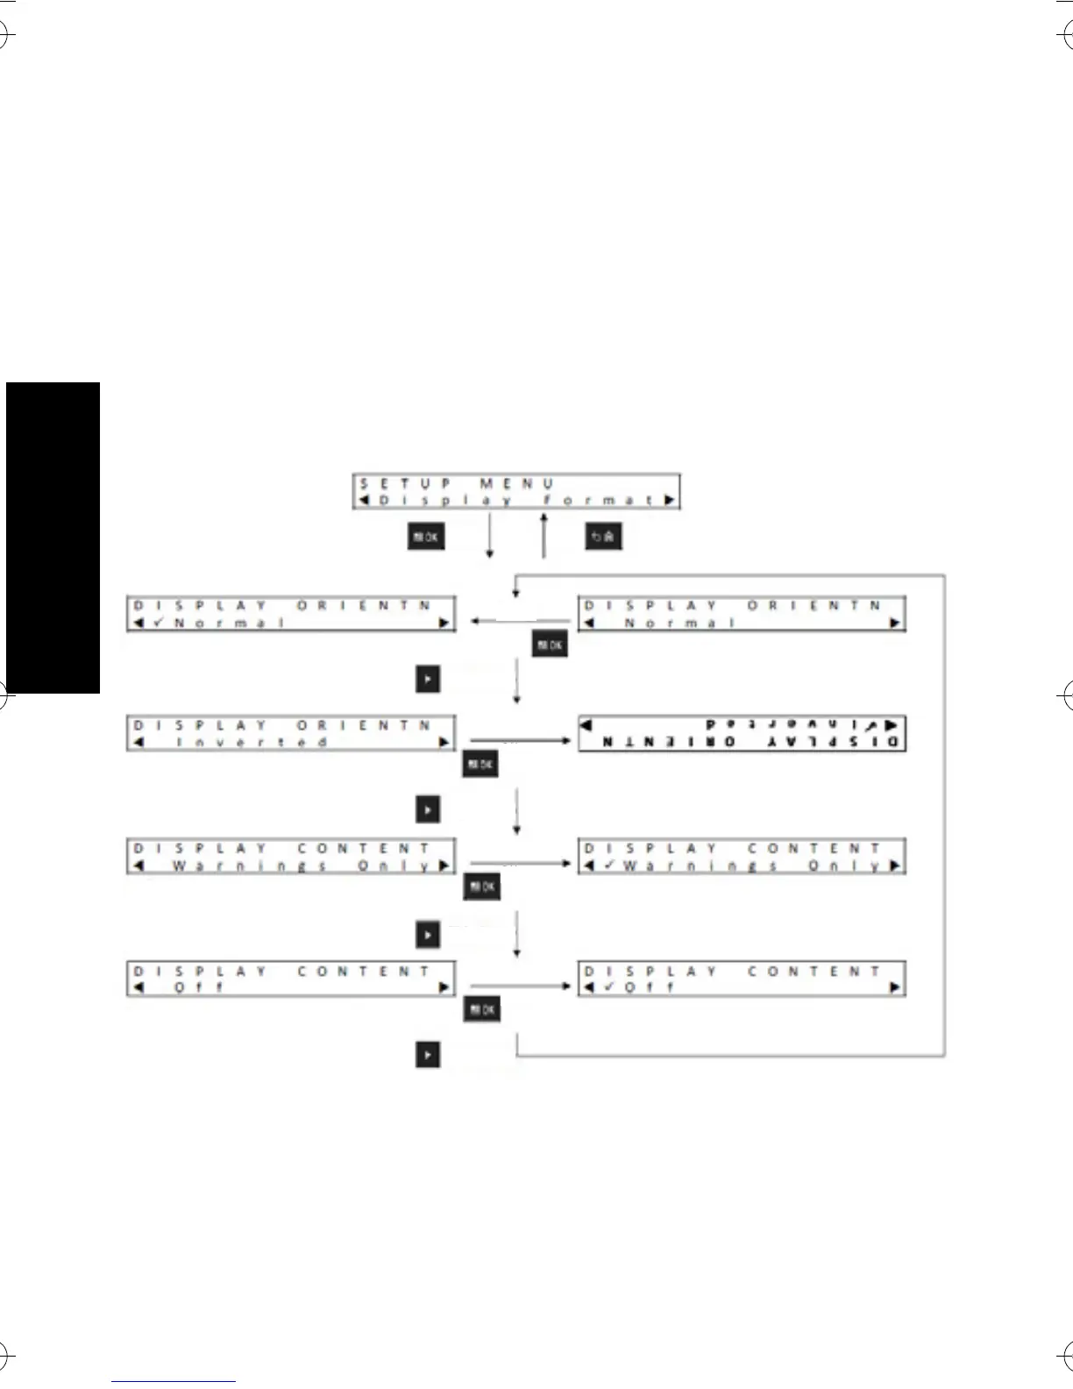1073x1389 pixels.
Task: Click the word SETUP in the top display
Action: (406, 483)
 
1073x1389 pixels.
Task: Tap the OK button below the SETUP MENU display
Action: (426, 537)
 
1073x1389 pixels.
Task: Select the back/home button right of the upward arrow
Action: (603, 537)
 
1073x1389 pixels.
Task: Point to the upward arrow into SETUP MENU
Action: (544, 536)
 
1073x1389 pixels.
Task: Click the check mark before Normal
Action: (159, 623)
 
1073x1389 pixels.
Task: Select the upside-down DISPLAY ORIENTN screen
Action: (741, 734)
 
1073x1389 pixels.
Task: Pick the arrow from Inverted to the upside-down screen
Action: (521, 740)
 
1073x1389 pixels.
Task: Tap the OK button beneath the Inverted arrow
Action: (480, 765)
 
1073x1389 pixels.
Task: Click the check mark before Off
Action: (609, 987)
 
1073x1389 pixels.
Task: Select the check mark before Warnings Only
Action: (609, 865)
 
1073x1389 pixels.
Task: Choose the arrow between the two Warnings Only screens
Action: (521, 863)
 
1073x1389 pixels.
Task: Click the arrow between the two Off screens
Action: (521, 986)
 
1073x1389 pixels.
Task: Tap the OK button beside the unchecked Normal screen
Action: (550, 645)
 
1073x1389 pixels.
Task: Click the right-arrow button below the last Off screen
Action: (427, 1055)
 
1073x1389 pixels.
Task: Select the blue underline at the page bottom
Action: (174, 1381)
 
